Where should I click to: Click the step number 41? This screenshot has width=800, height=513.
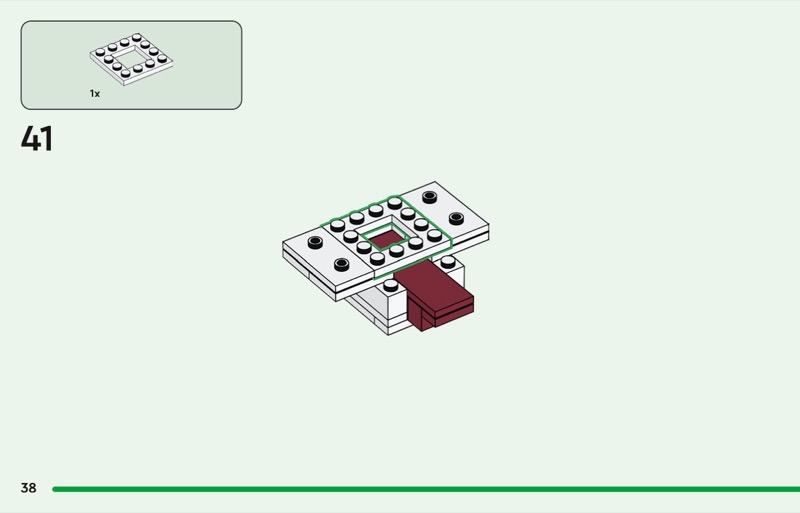(x=37, y=139)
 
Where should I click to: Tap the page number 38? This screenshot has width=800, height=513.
(x=29, y=488)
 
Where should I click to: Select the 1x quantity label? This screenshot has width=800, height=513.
(x=95, y=93)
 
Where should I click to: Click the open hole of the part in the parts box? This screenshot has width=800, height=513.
(x=132, y=59)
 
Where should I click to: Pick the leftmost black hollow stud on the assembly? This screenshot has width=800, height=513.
(x=315, y=242)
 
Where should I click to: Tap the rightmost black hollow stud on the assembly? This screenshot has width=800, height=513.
(x=456, y=218)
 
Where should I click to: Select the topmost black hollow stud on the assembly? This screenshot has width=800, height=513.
(x=430, y=197)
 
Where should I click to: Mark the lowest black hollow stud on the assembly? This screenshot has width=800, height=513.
(x=341, y=264)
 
